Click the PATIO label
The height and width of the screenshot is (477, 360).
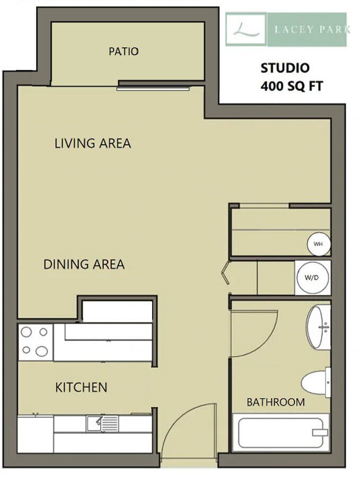124,51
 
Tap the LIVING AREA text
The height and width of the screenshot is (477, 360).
93,143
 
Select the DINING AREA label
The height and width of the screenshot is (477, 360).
84,264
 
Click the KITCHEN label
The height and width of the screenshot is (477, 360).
81,387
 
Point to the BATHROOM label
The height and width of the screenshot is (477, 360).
276,402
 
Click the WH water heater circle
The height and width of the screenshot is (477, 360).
319,244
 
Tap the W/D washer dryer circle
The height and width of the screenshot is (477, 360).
312,277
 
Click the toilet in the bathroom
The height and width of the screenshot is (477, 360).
315,382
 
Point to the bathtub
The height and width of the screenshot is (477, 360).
281,433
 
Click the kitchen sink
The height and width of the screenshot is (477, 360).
102,424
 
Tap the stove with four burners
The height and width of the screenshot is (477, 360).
36,342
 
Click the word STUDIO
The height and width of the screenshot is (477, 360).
285,68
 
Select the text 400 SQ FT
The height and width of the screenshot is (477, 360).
292,86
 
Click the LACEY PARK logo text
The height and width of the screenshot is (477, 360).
312,30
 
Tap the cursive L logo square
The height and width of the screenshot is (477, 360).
246,29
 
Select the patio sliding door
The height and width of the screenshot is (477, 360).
153,89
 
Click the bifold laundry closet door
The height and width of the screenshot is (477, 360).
225,272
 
